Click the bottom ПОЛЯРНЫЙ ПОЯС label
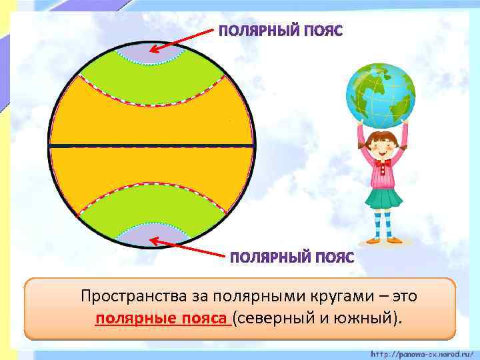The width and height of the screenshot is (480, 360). click(x=292, y=257)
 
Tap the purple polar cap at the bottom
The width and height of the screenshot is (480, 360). click(x=152, y=234)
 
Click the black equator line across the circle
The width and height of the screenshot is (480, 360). click(x=152, y=145)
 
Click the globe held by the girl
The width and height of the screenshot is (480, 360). click(x=381, y=94)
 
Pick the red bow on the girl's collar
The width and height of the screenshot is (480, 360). click(x=383, y=162)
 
